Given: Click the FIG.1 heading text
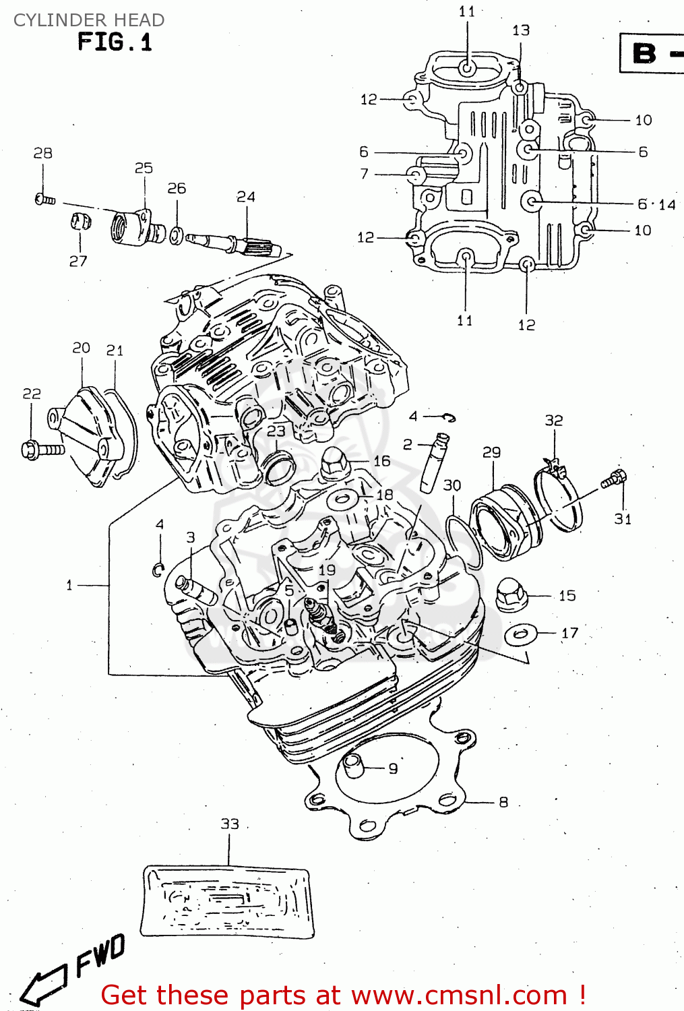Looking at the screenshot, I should click(x=115, y=42).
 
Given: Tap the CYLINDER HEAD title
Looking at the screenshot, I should click(x=88, y=20).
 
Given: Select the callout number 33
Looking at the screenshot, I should click(x=230, y=824).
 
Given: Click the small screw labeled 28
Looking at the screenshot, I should click(x=44, y=199).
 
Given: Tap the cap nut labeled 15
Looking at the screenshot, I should click(x=511, y=594).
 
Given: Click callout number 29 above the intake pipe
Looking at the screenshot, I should click(x=491, y=452).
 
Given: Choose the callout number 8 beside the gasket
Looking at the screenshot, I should click(x=503, y=802).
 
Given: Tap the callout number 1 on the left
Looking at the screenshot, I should click(x=69, y=585).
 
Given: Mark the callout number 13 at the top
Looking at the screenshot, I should click(x=521, y=30).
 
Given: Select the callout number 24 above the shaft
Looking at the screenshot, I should click(x=246, y=197).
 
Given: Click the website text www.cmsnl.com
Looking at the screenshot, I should click(x=459, y=995).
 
